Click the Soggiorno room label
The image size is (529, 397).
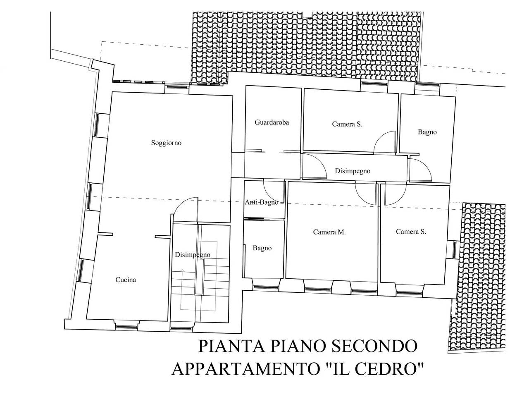pyautogui.click(x=166, y=143)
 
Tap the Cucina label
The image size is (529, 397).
pyautogui.click(x=125, y=280)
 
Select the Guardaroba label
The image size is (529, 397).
pyautogui.click(x=272, y=122)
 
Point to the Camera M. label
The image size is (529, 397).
pyautogui.click(x=329, y=232)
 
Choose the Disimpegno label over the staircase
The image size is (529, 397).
pyautogui.click(x=192, y=255)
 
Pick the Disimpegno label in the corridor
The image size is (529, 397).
pyautogui.click(x=352, y=171)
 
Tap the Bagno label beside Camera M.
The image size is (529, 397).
pyautogui.click(x=262, y=248)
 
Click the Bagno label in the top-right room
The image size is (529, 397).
pyautogui.click(x=427, y=132)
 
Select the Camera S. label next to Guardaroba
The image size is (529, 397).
pyautogui.click(x=347, y=124)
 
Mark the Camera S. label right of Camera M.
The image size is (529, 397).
pyautogui.click(x=411, y=232)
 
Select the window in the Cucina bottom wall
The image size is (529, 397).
pyautogui.click(x=126, y=327)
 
